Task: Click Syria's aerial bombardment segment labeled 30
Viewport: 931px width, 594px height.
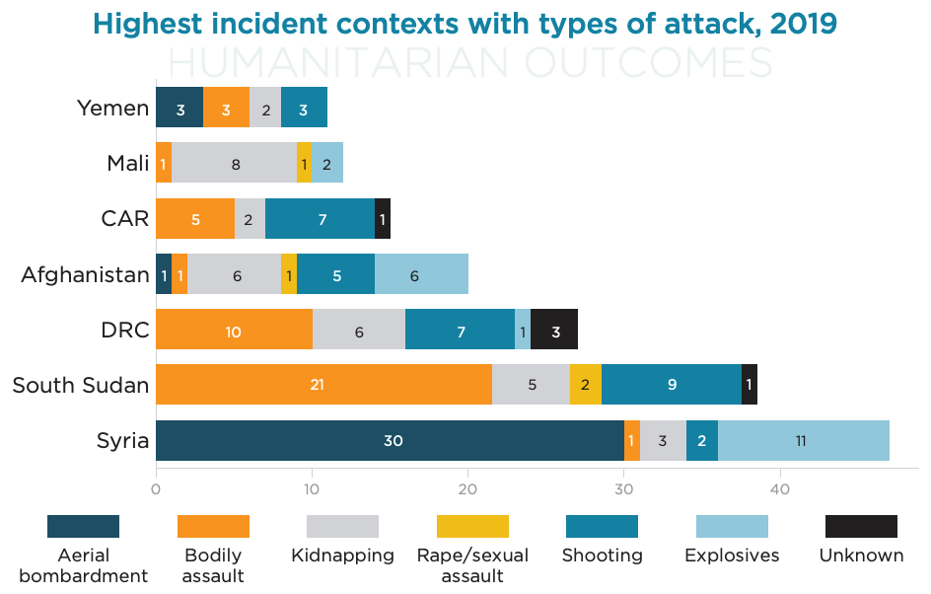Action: click(391, 441)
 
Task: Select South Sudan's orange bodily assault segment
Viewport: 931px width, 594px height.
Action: click(324, 384)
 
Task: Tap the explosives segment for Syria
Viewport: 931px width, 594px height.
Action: click(804, 441)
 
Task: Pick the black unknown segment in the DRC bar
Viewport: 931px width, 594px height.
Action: click(554, 330)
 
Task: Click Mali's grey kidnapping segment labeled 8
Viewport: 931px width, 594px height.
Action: click(234, 163)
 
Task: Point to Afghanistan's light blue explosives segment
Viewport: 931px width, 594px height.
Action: click(421, 274)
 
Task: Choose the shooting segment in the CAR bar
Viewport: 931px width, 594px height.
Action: click(320, 219)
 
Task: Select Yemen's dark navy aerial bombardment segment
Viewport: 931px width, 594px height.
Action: click(179, 107)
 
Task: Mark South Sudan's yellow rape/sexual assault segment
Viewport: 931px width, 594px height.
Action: click(586, 384)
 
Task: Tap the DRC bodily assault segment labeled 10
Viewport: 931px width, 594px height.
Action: click(235, 330)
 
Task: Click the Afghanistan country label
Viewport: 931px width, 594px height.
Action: click(85, 275)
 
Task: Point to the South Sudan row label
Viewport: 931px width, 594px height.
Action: click(81, 386)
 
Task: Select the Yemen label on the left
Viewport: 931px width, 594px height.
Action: click(112, 109)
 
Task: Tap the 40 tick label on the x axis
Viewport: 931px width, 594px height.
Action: click(780, 489)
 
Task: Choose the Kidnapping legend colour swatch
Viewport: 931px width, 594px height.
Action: click(342, 526)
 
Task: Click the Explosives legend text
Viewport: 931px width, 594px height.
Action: click(732, 556)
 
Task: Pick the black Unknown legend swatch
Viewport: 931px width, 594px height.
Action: click(862, 526)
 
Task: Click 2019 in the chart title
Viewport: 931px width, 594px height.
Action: click(804, 24)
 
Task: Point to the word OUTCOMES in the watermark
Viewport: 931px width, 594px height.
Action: click(649, 62)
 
